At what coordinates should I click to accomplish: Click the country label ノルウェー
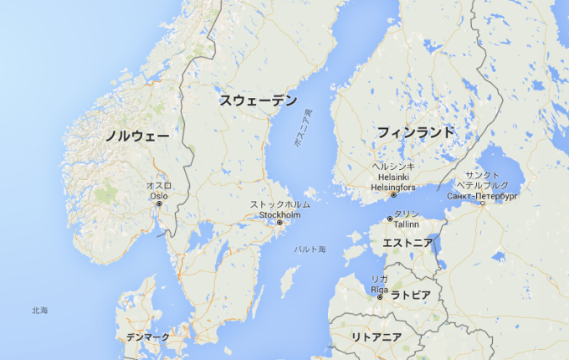137,136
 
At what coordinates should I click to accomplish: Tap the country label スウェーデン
259,100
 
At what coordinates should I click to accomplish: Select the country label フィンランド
415,132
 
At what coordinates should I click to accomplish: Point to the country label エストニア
408,243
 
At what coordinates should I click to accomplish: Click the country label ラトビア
411,295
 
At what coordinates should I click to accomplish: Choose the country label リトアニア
377,337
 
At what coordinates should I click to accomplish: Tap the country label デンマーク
147,337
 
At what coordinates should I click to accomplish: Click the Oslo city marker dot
159,203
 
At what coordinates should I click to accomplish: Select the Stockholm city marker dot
280,223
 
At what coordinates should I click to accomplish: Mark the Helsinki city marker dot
393,195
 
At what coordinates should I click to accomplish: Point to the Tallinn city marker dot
389,219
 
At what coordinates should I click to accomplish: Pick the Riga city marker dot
380,297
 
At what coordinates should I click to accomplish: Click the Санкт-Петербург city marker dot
483,203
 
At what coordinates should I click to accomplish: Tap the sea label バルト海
310,249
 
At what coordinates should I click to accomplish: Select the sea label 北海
39,311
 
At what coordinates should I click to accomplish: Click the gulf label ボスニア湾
302,130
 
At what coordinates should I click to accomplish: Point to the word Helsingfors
392,187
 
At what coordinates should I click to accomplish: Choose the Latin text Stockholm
279,214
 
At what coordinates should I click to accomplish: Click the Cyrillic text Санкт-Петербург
484,194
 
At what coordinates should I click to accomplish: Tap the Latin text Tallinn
407,224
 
